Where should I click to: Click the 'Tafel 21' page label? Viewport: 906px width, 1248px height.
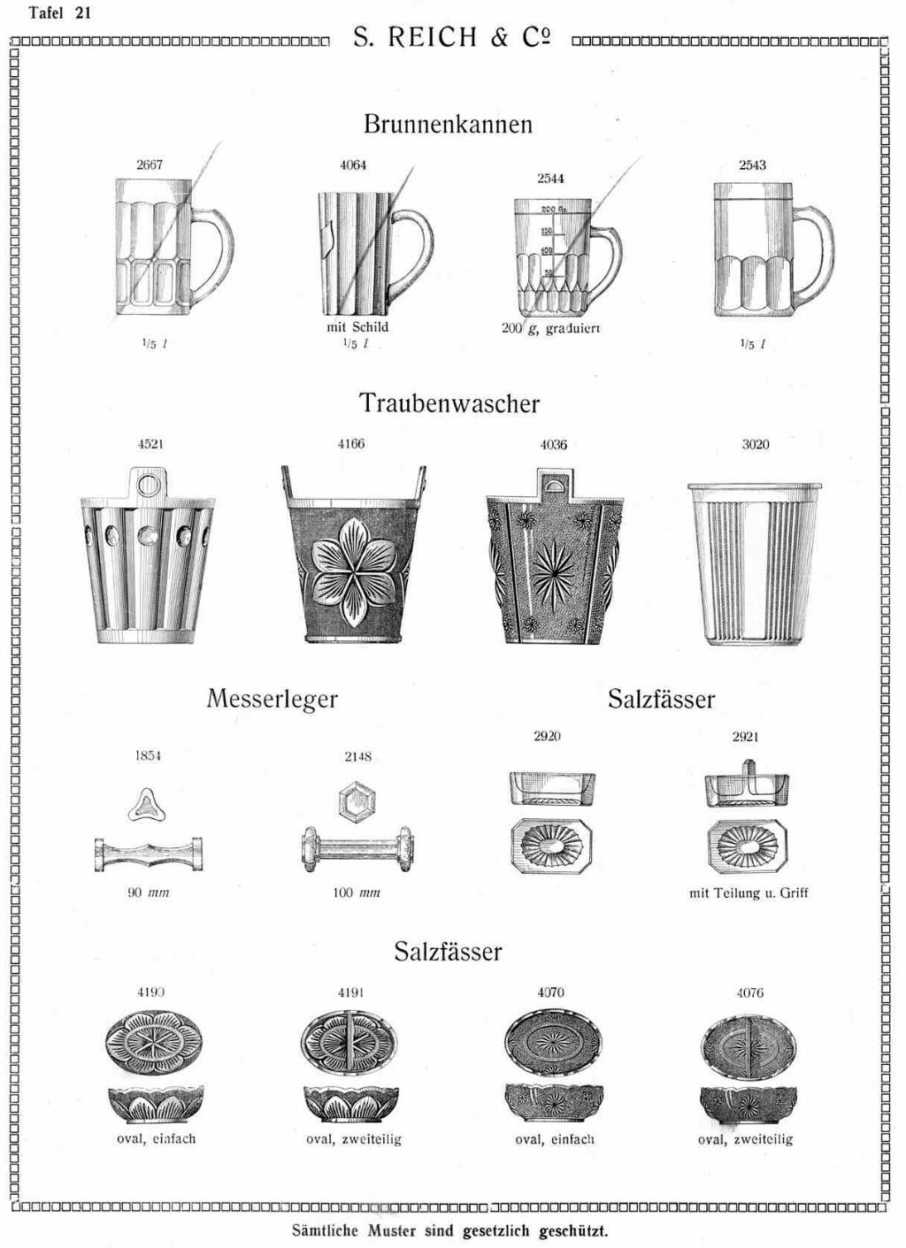click(x=59, y=12)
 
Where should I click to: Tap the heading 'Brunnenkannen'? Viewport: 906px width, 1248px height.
click(x=448, y=124)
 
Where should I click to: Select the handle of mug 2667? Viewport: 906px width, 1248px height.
click(x=213, y=249)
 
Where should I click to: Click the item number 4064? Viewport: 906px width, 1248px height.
click(x=353, y=165)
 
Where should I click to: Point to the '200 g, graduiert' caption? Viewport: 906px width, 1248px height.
click(x=550, y=328)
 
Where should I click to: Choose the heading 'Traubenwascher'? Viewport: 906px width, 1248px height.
click(x=449, y=402)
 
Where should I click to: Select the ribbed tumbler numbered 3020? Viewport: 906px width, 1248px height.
click(x=755, y=563)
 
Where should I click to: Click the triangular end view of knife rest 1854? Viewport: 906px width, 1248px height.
click(x=147, y=805)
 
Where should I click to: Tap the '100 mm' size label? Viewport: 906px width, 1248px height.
click(x=357, y=892)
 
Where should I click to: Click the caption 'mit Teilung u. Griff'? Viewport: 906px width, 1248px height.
click(x=749, y=893)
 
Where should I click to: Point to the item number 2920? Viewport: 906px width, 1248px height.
click(x=547, y=736)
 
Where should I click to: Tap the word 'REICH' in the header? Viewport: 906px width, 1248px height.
click(x=432, y=37)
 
